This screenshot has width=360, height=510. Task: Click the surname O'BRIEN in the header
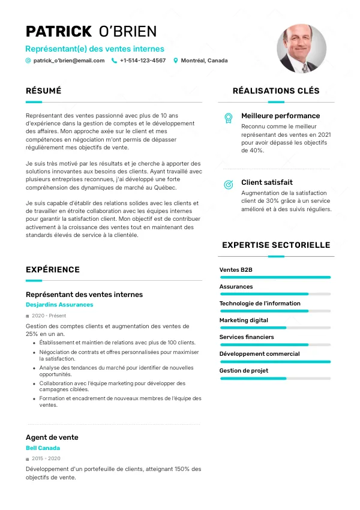point(127,32)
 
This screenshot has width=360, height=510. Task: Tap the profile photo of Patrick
point(301,49)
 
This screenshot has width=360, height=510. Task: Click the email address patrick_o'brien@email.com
point(69,61)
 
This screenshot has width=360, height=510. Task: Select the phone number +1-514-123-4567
point(143,61)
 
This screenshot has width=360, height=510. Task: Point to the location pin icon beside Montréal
point(176,61)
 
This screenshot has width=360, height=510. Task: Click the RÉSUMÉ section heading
point(44,91)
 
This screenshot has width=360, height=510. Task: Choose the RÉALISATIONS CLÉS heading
point(276,91)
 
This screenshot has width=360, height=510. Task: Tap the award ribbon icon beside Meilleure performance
point(228,118)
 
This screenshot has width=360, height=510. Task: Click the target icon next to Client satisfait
point(228,184)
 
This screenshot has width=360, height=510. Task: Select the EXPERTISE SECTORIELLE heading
point(276,245)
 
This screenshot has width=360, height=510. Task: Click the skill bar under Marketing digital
point(275,328)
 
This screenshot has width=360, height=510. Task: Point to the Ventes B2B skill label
point(236,270)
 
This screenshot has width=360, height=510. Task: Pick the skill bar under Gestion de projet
point(275,378)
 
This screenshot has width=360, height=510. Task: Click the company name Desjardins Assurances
point(59,305)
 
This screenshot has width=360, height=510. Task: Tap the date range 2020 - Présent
point(49,316)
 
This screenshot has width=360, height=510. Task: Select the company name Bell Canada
point(43,448)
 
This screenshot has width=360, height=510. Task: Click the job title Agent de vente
point(52,437)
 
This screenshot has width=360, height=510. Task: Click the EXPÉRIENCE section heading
point(53,270)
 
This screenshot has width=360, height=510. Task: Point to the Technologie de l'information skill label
point(260,304)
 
